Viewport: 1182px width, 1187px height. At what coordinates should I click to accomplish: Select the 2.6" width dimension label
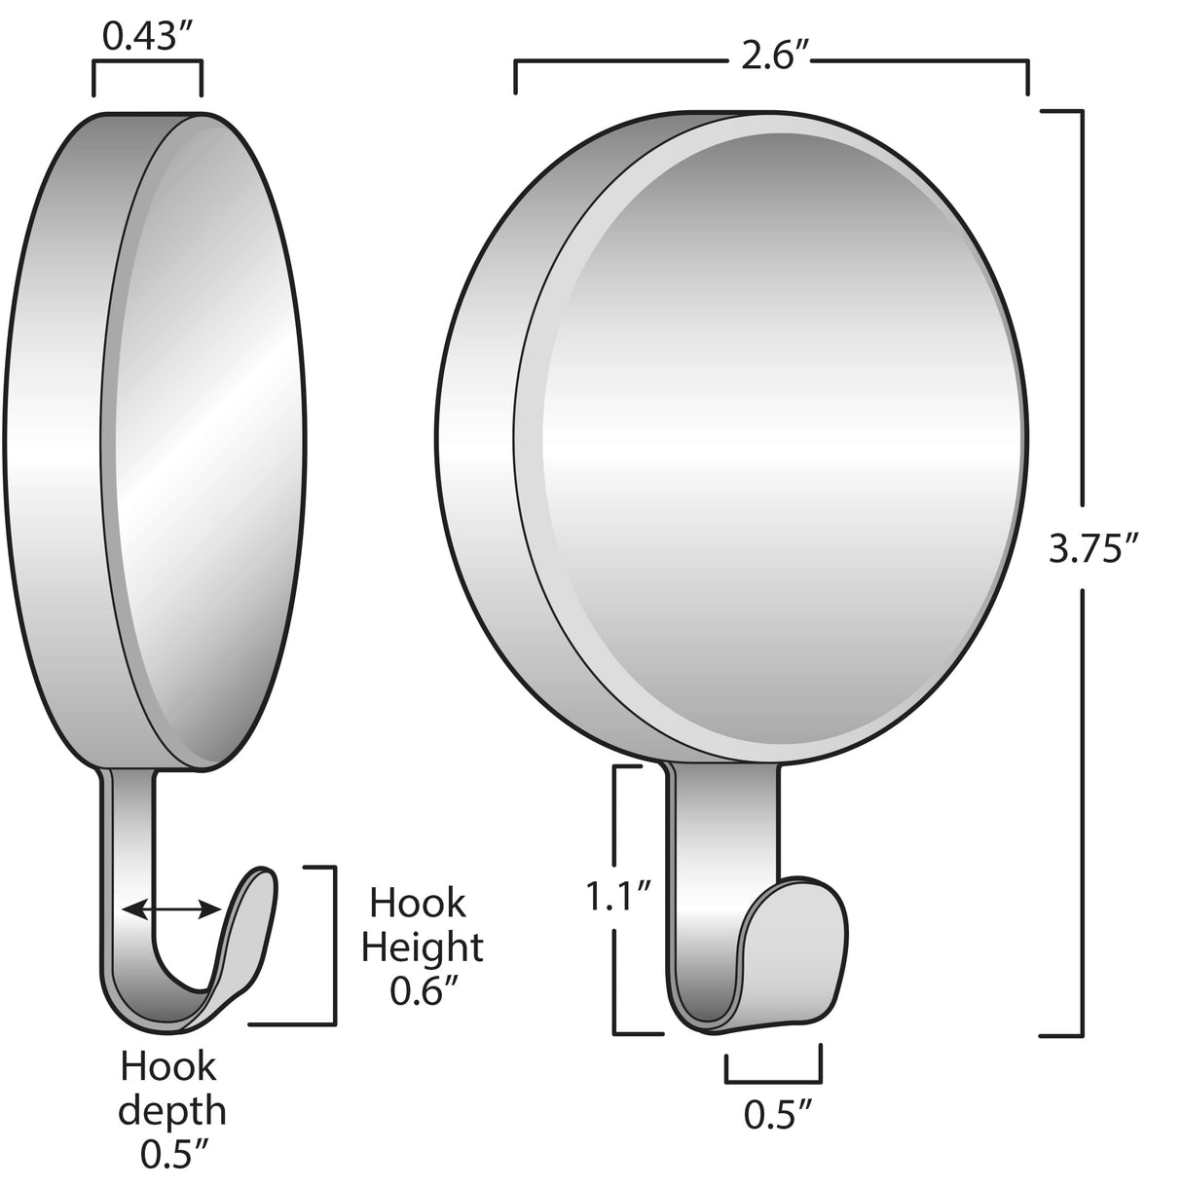[x=771, y=57]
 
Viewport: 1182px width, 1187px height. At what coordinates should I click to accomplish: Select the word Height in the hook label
[x=422, y=947]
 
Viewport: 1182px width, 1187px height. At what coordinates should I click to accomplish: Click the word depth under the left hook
[x=173, y=1110]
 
